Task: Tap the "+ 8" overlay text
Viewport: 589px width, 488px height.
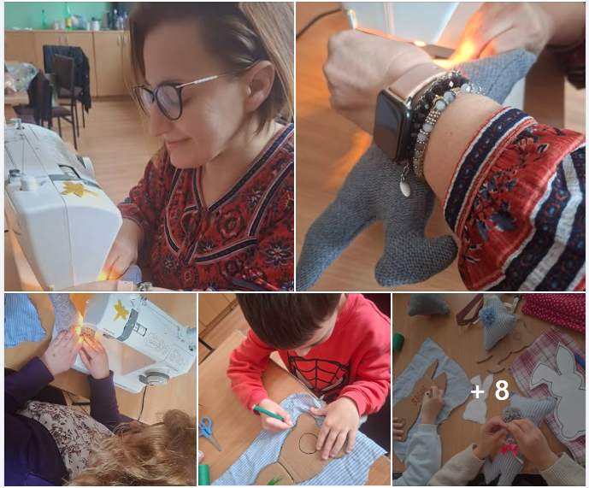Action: click(x=490, y=391)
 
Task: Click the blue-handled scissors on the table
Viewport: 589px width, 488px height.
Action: click(x=209, y=432)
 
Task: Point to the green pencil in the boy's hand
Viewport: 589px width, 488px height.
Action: click(x=268, y=414)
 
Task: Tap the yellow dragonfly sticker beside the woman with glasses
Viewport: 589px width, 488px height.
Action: click(x=78, y=188)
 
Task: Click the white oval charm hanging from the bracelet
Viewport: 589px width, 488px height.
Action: click(x=405, y=187)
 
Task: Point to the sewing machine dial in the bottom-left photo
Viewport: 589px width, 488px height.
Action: click(x=155, y=378)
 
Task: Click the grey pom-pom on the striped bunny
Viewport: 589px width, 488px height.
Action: click(x=512, y=414)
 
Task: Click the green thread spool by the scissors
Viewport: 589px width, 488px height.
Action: click(x=203, y=473)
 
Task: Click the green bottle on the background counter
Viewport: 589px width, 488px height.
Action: click(x=68, y=17)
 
